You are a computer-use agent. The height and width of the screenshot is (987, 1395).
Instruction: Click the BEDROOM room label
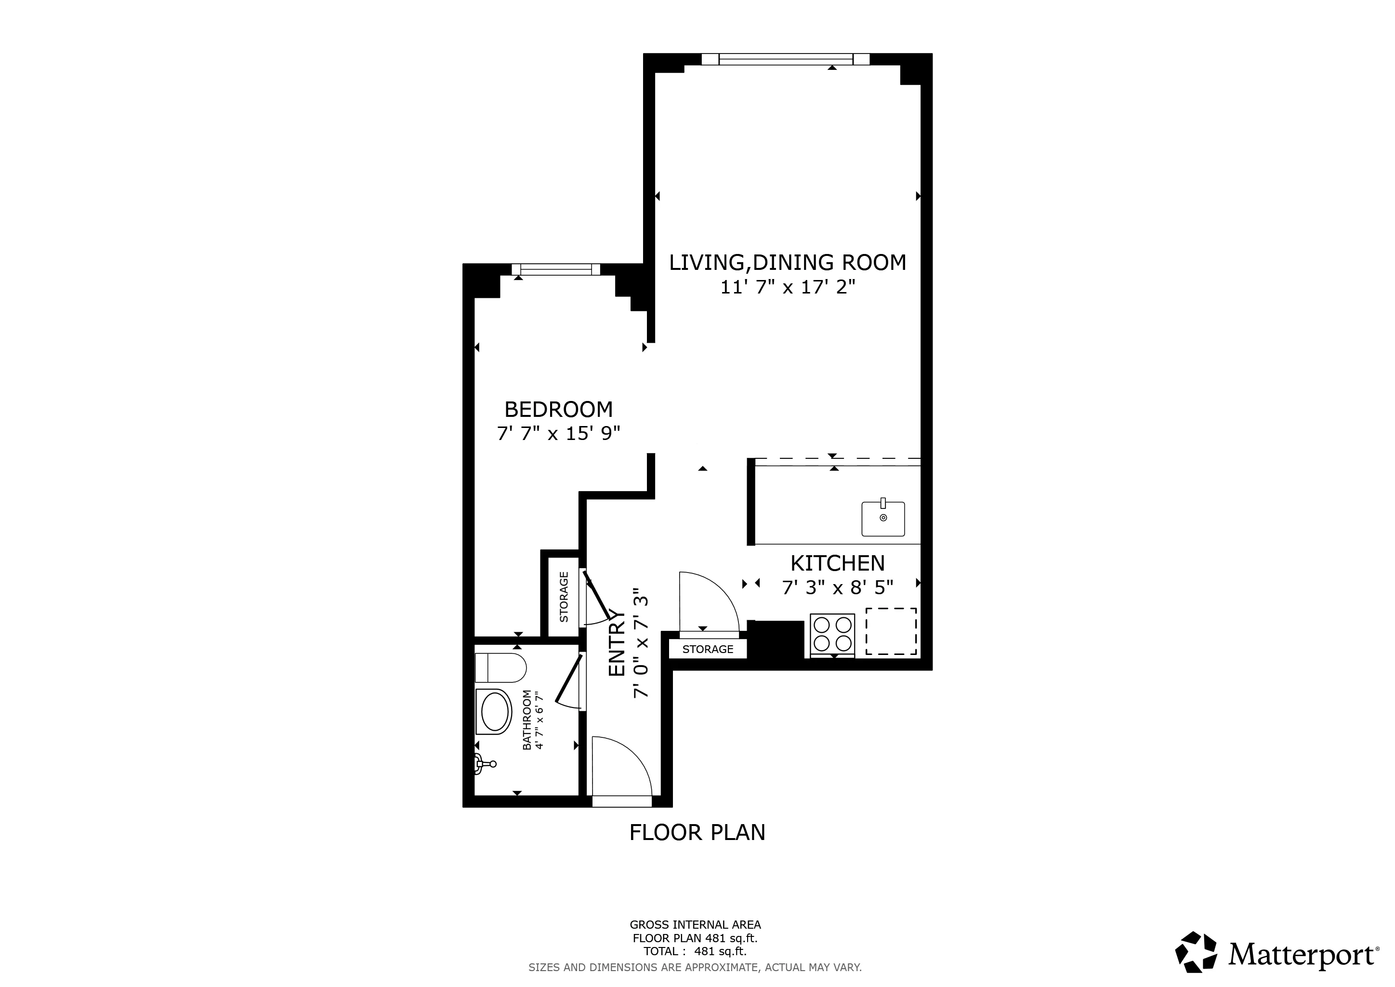coord(558,410)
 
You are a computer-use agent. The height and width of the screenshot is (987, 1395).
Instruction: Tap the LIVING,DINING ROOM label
coord(788,263)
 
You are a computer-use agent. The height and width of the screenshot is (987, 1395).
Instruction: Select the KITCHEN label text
coord(837,563)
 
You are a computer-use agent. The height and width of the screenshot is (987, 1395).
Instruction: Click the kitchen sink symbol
coord(883,519)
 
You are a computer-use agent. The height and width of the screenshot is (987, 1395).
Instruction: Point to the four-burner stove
coord(832,634)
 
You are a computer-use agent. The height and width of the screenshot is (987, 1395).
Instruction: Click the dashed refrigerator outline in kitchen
coord(891,631)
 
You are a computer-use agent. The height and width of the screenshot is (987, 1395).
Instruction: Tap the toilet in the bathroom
coord(500,668)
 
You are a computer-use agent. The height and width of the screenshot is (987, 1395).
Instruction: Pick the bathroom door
coord(569,682)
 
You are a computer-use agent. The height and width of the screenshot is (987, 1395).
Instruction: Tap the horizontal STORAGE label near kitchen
coord(707,649)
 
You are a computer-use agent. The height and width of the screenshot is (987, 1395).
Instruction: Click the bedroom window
coord(555,269)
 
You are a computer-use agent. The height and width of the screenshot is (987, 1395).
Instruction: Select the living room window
coord(785,59)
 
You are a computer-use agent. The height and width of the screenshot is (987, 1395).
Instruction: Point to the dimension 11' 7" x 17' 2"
coord(788,287)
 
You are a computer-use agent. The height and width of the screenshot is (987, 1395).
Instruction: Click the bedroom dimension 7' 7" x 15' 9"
coord(558,434)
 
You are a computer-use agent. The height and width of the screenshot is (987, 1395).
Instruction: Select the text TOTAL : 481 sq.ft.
coord(695,952)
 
